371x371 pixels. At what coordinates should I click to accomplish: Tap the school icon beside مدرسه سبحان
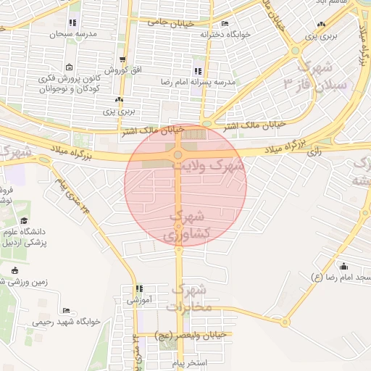pyautogui.click(x=72, y=23)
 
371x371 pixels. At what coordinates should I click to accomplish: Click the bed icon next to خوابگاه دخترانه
pyautogui.click(x=225, y=24)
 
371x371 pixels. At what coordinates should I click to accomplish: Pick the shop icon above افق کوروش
pyautogui.click(x=122, y=60)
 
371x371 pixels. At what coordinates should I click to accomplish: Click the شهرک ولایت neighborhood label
pyautogui.click(x=209, y=165)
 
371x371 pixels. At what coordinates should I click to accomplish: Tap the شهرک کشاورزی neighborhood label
pyautogui.click(x=190, y=225)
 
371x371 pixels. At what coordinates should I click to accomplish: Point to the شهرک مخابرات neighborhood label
pyautogui.click(x=190, y=299)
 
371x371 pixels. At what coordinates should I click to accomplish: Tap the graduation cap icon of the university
pyautogui.click(x=25, y=221)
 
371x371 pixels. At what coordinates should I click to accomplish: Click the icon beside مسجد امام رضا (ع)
pyautogui.click(x=343, y=266)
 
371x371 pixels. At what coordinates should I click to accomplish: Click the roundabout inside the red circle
pyautogui.click(x=178, y=154)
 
